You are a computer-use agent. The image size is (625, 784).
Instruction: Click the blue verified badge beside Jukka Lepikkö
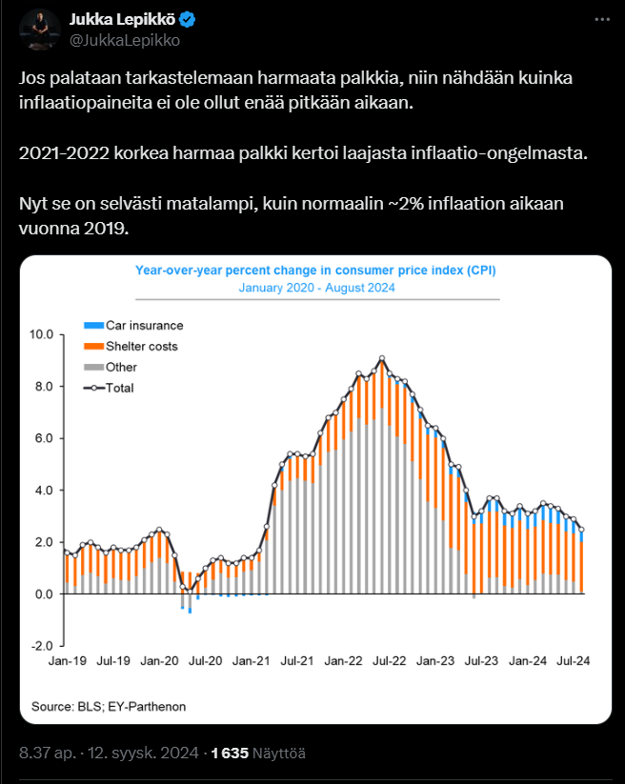coord(188,19)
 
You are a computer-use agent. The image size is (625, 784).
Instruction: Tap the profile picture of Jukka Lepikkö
coord(40,29)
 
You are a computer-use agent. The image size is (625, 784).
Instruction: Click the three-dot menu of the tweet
coord(602,19)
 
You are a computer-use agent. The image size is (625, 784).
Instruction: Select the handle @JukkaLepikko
coord(125,40)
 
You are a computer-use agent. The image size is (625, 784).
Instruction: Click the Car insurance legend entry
coord(133,326)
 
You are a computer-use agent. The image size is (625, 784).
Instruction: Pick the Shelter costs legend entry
coord(131,347)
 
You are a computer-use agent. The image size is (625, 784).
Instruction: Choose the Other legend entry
coord(111,367)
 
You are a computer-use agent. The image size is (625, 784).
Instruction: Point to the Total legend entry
coord(109,388)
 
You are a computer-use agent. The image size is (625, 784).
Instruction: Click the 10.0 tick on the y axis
coord(42,334)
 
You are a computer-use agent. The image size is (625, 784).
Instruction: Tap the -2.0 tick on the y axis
coord(42,646)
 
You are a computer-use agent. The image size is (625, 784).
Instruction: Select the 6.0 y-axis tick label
coord(44,438)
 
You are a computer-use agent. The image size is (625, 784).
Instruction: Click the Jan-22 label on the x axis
coord(343,661)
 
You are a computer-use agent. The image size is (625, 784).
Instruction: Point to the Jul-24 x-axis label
coord(573,661)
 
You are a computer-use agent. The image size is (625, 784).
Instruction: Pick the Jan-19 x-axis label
coord(68,661)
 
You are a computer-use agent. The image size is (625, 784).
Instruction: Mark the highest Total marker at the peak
coord(382,358)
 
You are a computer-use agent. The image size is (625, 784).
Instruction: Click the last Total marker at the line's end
coord(581,530)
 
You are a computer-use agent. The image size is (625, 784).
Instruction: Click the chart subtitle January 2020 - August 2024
coord(317,288)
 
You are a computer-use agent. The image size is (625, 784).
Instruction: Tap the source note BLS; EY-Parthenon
coord(131,707)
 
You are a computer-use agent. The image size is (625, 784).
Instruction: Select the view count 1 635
coord(230,753)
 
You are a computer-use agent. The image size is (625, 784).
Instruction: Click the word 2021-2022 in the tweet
coord(64,153)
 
